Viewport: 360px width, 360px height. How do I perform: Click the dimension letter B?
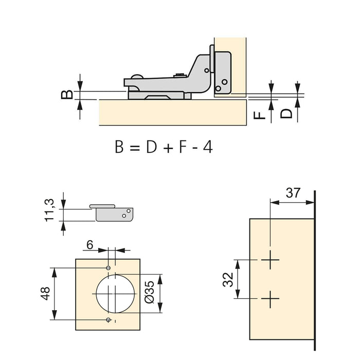point(67,94)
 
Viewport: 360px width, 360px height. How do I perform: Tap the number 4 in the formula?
point(207,147)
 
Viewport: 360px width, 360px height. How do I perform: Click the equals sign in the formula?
point(134,148)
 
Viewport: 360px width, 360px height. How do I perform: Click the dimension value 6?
point(89,246)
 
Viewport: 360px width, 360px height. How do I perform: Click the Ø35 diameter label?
point(150,294)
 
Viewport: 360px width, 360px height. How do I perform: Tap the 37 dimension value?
point(293,193)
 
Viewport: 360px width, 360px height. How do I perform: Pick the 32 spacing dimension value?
point(228,279)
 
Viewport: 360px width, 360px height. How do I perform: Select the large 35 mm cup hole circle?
point(116,293)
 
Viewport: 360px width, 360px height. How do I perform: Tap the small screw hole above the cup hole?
point(108,268)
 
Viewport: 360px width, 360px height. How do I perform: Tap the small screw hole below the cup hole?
point(108,320)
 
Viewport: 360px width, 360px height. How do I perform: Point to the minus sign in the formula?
point(194,148)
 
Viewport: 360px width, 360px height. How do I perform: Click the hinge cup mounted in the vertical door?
point(221,72)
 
